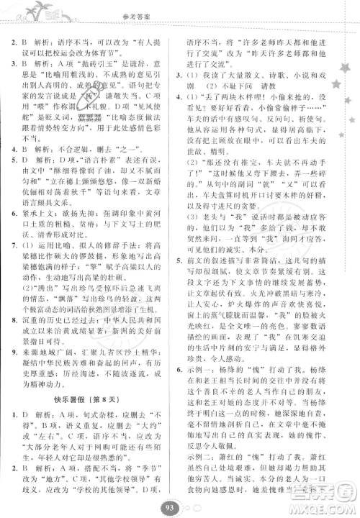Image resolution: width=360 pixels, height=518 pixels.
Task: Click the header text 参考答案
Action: [180, 11]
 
